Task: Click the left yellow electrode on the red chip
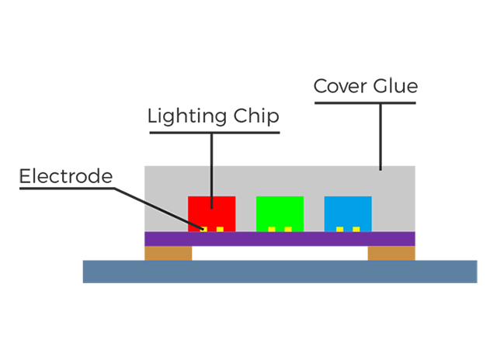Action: tap(203, 229)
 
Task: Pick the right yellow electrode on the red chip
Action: tap(221, 229)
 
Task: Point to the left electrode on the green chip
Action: tap(272, 229)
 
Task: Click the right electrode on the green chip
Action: tap(289, 229)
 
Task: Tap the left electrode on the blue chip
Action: tap(340, 229)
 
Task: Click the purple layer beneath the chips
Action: tap(280, 239)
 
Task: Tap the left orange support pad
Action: tap(169, 253)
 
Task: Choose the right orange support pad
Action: tap(391, 253)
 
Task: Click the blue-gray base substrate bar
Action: tap(280, 271)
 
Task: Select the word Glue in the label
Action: tap(394, 86)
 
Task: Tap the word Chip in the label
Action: tap(255, 116)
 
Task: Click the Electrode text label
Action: tap(66, 175)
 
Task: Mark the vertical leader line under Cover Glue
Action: tap(381, 136)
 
